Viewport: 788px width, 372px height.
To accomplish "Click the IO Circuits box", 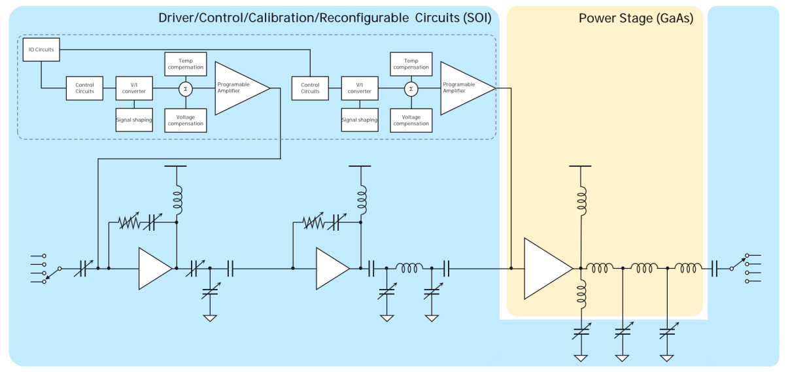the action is click(x=41, y=50).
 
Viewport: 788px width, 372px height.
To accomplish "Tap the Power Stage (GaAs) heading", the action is click(x=636, y=18).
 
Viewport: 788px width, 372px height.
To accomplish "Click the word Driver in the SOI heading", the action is click(x=177, y=18).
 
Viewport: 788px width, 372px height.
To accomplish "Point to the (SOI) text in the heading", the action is click(x=477, y=18).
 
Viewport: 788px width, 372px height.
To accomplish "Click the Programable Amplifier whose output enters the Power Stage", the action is click(x=466, y=88).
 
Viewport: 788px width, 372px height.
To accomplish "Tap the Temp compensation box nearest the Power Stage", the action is click(x=411, y=64).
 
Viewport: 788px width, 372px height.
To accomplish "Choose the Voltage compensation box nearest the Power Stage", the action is click(x=411, y=120).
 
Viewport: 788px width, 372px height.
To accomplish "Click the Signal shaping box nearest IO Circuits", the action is click(x=134, y=120).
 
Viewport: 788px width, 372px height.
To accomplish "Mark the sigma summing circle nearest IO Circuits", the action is click(x=186, y=89).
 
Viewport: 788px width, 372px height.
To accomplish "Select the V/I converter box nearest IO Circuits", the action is click(x=134, y=88).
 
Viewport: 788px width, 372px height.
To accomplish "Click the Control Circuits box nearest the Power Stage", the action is click(x=310, y=88).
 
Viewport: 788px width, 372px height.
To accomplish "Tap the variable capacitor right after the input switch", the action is click(x=83, y=269).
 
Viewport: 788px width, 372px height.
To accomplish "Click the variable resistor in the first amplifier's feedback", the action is click(x=129, y=222).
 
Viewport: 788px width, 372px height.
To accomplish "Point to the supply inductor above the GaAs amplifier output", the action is click(x=581, y=201).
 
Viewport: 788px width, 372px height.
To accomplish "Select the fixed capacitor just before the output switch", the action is click(x=715, y=269).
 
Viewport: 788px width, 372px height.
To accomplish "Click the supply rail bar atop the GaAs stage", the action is click(x=580, y=166).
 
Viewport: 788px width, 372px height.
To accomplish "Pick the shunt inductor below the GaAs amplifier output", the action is click(x=581, y=294).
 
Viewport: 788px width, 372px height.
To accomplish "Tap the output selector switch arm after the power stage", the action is click(x=739, y=263).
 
